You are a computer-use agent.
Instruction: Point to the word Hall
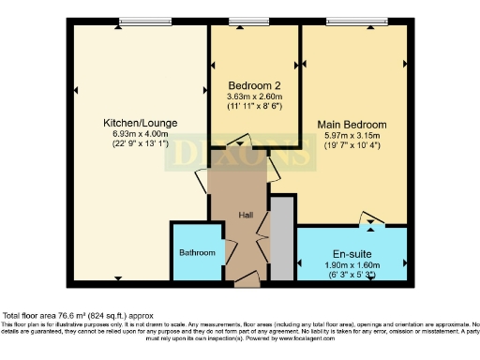246,216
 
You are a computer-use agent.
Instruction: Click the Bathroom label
197,253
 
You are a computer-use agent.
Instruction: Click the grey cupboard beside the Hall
280,239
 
